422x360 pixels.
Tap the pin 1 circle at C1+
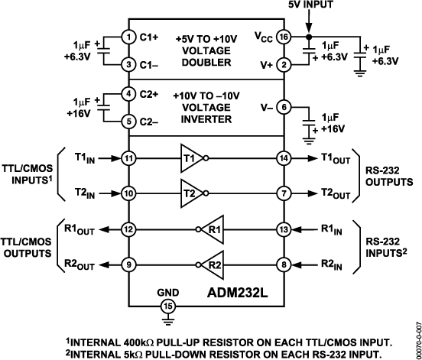pos(128,35)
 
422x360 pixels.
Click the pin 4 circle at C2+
pos(128,93)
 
